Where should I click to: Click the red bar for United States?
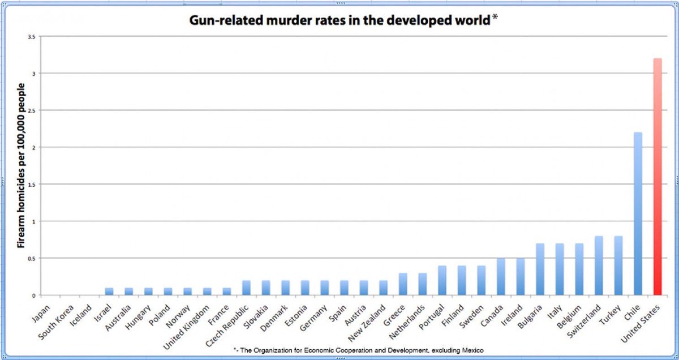click(x=657, y=177)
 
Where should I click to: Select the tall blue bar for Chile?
click(x=638, y=214)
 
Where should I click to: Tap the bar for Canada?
click(x=501, y=277)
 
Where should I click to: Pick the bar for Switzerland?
click(x=599, y=265)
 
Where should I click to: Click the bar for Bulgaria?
click(x=540, y=269)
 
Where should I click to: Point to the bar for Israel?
click(x=109, y=292)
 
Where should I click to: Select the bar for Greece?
click(x=403, y=284)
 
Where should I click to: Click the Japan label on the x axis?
click(x=41, y=311)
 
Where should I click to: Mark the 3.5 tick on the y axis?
click(x=31, y=37)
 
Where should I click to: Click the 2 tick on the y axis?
click(x=34, y=148)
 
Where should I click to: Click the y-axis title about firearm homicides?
click(x=21, y=165)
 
